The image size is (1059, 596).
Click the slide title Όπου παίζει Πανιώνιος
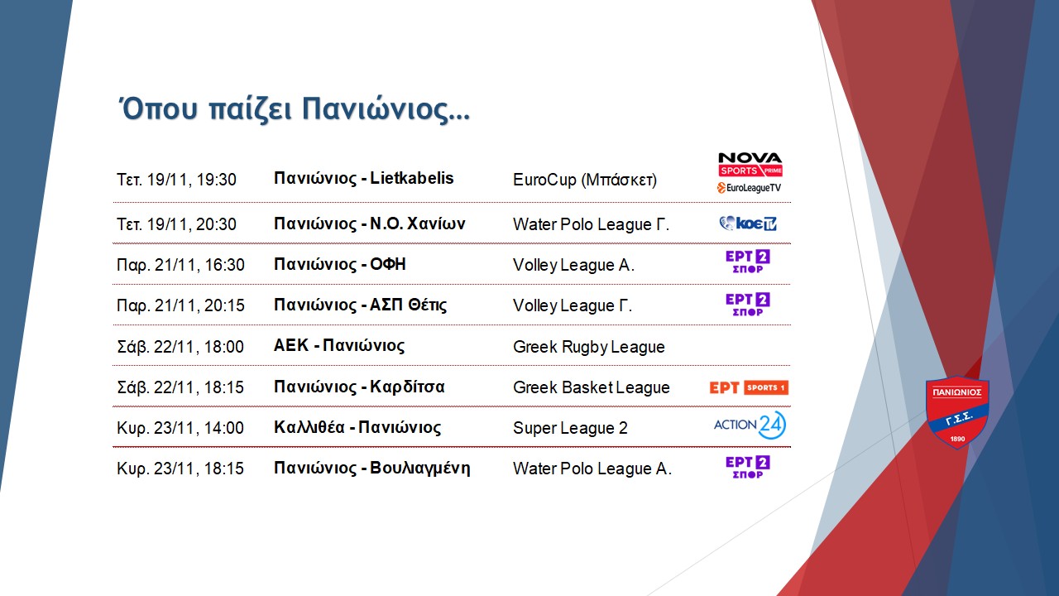[x=293, y=110]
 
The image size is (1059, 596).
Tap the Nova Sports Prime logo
[x=750, y=165]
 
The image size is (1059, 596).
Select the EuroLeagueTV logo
[x=749, y=188]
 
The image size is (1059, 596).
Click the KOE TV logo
[x=748, y=223]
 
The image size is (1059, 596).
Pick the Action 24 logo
[x=750, y=425]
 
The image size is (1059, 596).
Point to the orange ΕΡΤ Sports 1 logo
[x=749, y=387]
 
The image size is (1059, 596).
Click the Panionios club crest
[x=957, y=411]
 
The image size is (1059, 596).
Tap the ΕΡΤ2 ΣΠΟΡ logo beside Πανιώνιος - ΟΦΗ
[x=748, y=262]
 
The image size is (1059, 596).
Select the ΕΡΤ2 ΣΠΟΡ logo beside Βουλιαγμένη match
[x=748, y=468]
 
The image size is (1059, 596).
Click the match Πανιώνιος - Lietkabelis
[x=363, y=178]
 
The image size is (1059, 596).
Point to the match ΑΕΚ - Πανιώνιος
[x=339, y=346]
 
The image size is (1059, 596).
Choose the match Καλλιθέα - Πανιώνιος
[x=357, y=427]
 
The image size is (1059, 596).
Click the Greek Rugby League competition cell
[x=588, y=347]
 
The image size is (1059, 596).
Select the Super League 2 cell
[x=570, y=428]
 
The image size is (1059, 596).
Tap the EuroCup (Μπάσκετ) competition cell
[x=585, y=180]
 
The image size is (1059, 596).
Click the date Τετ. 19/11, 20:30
[x=176, y=224]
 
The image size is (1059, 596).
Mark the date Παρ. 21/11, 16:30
[x=180, y=265]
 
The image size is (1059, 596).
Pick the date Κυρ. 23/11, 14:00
[x=180, y=428]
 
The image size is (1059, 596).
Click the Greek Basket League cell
[x=592, y=387]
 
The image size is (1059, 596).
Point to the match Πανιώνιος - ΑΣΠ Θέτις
[x=360, y=305]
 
